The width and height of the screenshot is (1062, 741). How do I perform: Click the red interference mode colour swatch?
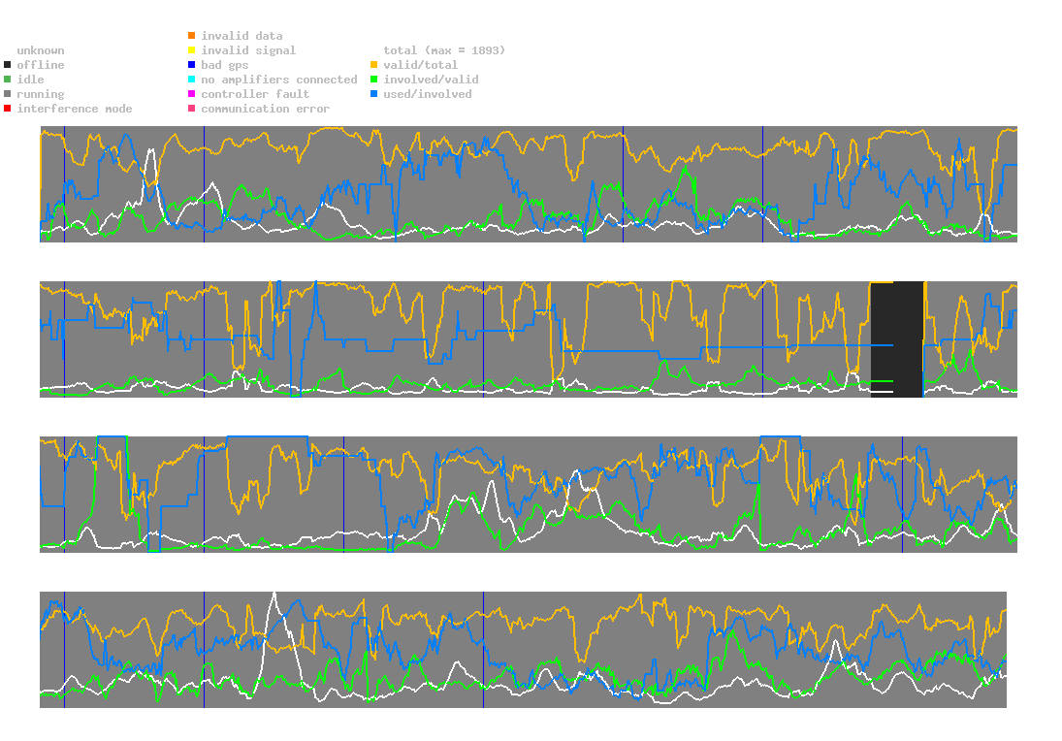[8, 109]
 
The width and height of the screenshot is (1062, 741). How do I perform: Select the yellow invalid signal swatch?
[192, 50]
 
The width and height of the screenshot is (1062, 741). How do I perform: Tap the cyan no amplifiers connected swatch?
[192, 80]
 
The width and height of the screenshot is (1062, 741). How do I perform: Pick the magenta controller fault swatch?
[192, 94]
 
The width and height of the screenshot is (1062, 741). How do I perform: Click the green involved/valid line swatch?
[374, 80]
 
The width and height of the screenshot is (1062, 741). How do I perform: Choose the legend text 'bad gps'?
[225, 65]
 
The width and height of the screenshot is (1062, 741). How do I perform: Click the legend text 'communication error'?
[265, 109]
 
